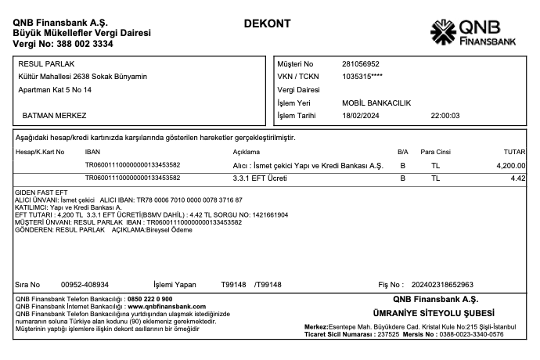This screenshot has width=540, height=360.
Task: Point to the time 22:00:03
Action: pos(445,116)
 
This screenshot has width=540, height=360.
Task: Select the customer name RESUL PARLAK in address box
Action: pos(41,63)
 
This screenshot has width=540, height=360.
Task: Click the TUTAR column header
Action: pos(513,151)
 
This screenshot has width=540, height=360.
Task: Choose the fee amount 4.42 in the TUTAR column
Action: pos(517,178)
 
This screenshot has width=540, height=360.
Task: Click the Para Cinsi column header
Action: pos(437,151)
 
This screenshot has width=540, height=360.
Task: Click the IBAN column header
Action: pos(92,151)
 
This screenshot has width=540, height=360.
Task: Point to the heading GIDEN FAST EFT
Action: pos(38,193)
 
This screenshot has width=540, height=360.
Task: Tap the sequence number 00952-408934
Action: pos(85,284)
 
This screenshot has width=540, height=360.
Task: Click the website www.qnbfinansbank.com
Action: pos(161,307)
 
